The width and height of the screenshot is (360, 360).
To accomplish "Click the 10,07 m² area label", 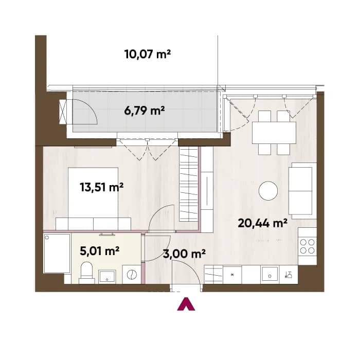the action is point(148,55).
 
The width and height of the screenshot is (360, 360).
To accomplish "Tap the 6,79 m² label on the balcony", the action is point(145,111).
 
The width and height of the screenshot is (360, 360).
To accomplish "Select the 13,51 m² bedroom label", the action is point(102,187).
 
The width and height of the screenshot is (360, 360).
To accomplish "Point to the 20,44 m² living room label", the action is point(263,223).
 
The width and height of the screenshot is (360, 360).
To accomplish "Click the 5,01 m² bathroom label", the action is point(99,251).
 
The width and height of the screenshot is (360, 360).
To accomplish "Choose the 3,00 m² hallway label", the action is point(184,254).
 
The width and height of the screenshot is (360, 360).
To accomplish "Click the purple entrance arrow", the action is point(186,304).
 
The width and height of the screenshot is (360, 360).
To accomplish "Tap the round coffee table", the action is point(268,191).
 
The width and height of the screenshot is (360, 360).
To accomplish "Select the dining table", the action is point(274,133).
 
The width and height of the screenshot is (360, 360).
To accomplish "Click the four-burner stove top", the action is point(307,246).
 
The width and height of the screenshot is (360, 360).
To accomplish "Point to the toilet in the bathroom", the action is point(86,273).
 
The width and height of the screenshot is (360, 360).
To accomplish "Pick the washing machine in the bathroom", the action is point(132,274).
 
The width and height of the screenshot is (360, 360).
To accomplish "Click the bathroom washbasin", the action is point(107,276).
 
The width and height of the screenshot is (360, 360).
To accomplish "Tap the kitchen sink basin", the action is point(270,274).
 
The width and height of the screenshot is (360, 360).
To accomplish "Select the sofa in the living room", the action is point(302,191).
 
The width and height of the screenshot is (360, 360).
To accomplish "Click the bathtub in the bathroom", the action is point(57,254).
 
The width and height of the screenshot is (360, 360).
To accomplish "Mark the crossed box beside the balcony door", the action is point(63,112).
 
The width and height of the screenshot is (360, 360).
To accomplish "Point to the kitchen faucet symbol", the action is point(289,275).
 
